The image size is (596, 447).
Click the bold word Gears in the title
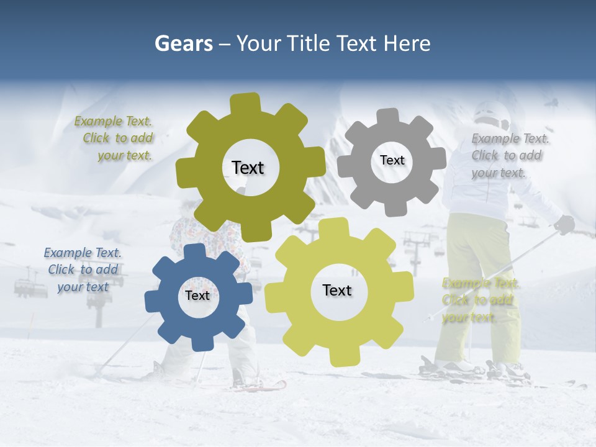(x=184, y=43)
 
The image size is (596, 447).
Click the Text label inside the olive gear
(x=248, y=168)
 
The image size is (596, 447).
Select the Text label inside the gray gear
(x=392, y=160)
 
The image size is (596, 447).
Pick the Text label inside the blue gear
(x=197, y=296)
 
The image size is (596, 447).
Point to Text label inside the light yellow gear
(x=337, y=290)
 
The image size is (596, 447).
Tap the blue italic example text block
(x=83, y=269)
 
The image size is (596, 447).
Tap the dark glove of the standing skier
(x=564, y=224)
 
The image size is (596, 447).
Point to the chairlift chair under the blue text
(x=30, y=287)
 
